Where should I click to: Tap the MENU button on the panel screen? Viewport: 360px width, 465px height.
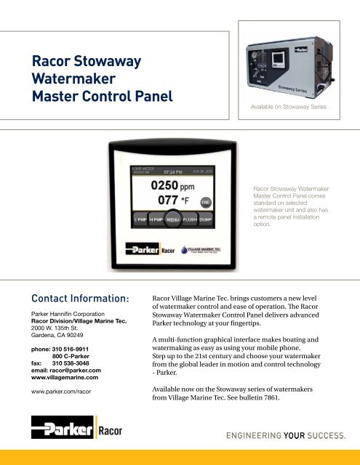coord(173,217)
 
